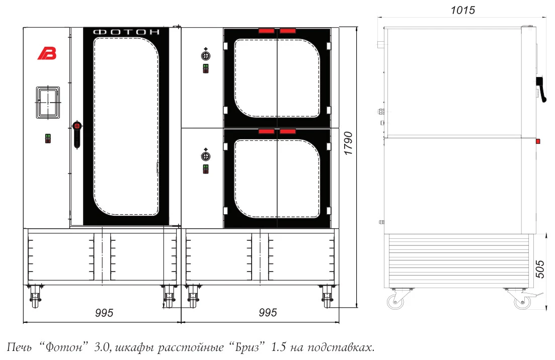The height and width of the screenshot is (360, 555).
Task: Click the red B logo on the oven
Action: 47,53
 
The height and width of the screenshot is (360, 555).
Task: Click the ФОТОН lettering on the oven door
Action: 126,32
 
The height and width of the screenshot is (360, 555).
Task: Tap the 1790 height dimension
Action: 348,143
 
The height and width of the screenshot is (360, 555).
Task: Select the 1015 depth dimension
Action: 462,10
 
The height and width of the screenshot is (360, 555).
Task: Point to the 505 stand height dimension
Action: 539,269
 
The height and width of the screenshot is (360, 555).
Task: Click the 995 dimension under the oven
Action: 104,313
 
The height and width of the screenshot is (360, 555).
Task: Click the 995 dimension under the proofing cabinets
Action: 268,312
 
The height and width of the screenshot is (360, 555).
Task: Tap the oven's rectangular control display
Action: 48,103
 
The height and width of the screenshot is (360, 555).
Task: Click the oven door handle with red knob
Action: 77,134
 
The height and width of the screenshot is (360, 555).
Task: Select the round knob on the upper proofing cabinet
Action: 206,55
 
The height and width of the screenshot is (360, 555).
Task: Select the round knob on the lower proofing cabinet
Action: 206,156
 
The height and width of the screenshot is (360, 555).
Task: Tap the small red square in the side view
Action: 538,141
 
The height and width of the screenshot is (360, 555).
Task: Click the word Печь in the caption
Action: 20,347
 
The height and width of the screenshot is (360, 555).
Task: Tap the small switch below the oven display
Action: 48,138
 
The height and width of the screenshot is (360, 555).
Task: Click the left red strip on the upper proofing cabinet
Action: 266,31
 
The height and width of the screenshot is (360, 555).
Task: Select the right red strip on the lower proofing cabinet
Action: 287,132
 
